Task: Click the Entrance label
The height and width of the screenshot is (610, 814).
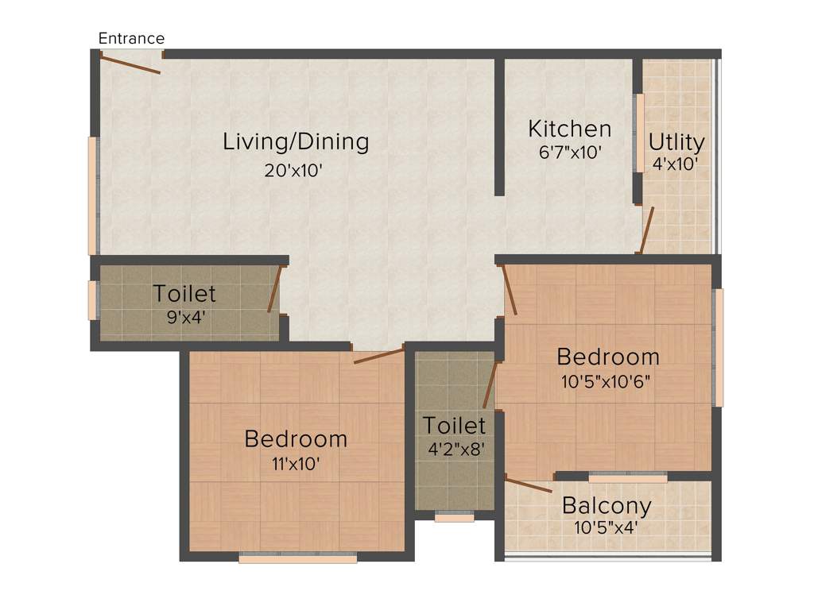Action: point(131,38)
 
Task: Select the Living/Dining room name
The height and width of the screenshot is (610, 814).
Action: point(296,142)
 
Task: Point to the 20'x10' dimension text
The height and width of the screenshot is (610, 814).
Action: point(293,170)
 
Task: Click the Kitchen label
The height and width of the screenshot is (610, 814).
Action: point(570,129)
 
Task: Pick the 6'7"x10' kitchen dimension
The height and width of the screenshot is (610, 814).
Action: point(570,152)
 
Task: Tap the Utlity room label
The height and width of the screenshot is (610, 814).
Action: point(676,142)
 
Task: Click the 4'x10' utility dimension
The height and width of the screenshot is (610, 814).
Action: point(675,164)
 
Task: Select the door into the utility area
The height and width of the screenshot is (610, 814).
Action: point(647,230)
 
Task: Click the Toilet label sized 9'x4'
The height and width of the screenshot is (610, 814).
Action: point(184,294)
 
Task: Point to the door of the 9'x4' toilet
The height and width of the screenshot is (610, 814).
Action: point(274,289)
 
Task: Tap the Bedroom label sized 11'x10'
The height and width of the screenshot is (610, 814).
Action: point(296,438)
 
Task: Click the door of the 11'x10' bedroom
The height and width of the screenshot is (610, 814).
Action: point(378,356)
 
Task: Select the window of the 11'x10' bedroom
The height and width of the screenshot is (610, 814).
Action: point(297,558)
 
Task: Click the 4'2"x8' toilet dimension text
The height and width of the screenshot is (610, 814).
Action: point(455,449)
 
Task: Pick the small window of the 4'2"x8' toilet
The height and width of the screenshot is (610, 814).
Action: point(454,517)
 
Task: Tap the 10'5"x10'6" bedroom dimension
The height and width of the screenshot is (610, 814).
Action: point(607,380)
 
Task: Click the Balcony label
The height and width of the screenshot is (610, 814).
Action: point(607,505)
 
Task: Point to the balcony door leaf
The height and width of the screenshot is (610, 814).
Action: point(529,485)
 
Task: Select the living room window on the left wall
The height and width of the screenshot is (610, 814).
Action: point(92,195)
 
